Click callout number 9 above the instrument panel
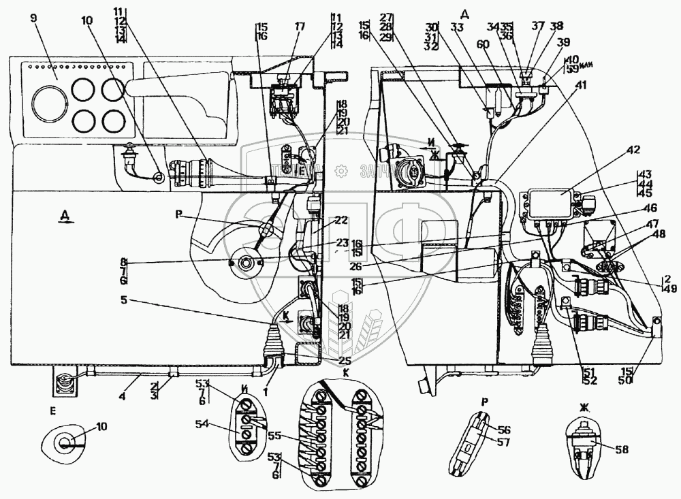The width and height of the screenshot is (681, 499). pos(33,18)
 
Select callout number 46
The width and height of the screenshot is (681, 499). pos(651,208)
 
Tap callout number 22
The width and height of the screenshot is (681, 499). pos(340,221)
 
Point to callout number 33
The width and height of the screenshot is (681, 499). pos(456,27)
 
